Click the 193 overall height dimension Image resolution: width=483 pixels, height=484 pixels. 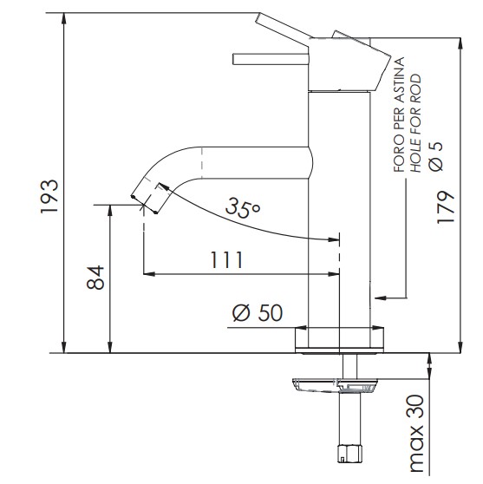tap(49, 196)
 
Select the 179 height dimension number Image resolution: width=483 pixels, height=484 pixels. tap(446, 207)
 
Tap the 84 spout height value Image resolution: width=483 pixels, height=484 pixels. tap(95, 278)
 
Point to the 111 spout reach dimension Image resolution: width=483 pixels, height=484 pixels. tap(226, 259)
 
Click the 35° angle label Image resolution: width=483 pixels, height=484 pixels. tap(243, 206)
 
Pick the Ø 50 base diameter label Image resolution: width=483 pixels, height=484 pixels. tap(257, 312)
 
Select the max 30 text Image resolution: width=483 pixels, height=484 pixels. tap(416, 438)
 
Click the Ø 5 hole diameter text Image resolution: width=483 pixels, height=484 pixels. tap(436, 156)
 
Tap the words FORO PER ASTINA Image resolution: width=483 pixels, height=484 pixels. tap(399, 114)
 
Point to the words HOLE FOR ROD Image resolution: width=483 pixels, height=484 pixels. tap(415, 123)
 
